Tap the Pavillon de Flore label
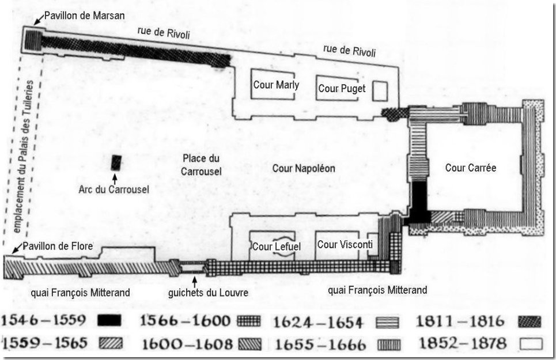pos(54,246)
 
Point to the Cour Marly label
pos(276,85)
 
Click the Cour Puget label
pos(342,88)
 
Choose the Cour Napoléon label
pos(304,168)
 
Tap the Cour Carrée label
pos(470,168)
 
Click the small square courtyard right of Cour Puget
pos(380,90)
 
